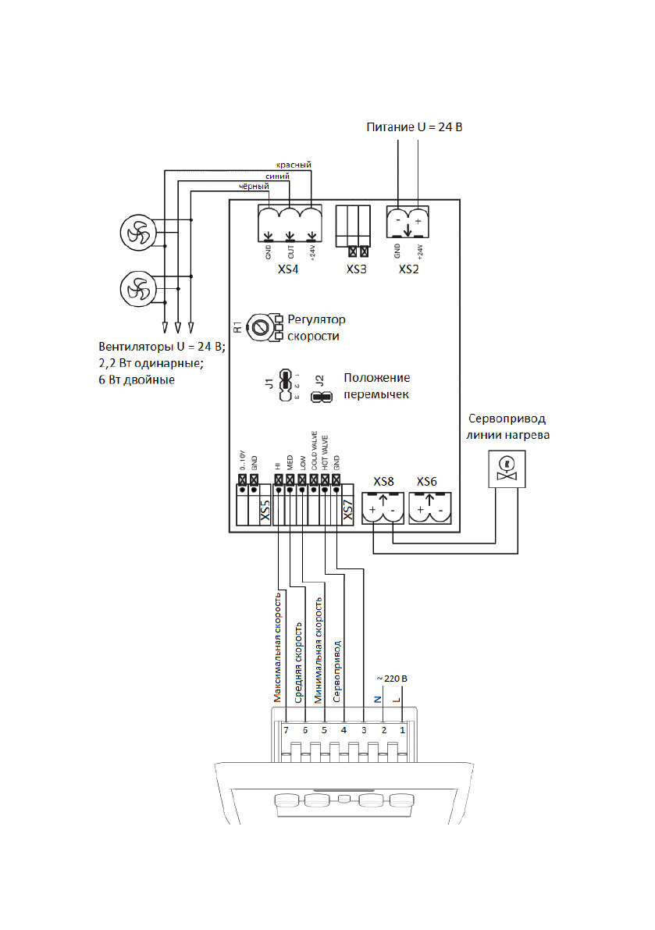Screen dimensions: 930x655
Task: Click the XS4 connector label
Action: point(290,269)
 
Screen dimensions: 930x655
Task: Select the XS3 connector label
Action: point(357,269)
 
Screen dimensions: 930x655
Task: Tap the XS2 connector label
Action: point(408,269)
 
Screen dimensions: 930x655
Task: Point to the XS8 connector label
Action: point(383,481)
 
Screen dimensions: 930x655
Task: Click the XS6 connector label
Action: point(427,481)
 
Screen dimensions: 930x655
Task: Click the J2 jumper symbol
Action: point(321,397)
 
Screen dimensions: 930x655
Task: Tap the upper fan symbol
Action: point(138,231)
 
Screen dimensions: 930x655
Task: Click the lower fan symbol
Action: point(138,288)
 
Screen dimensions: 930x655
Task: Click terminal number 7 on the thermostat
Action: point(287,730)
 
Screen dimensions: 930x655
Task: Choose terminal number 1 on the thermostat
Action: point(403,730)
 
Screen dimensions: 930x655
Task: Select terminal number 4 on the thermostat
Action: point(344,730)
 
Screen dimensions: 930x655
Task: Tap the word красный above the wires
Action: point(294,165)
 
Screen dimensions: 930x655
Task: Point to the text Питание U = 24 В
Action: point(415,126)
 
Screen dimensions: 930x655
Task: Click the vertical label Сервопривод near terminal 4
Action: point(336,673)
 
